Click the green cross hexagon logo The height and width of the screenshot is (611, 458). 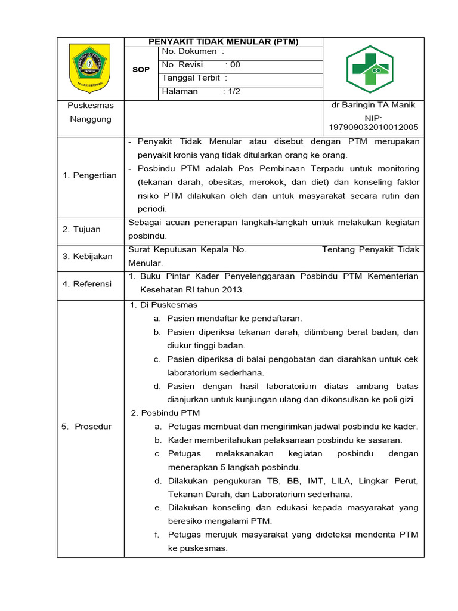[370, 69]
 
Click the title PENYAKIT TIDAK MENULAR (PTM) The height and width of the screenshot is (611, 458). [224, 42]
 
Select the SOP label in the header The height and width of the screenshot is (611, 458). [141, 70]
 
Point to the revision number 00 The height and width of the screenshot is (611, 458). [235, 65]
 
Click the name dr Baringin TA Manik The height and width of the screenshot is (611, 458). [373, 105]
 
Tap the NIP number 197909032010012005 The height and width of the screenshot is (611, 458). [373, 127]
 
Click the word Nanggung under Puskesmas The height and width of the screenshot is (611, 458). [91, 119]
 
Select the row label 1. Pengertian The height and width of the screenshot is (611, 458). [89, 175]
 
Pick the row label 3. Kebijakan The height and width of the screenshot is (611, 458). [88, 256]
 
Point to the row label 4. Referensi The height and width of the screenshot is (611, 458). [87, 284]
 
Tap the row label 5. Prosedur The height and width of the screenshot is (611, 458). [86, 427]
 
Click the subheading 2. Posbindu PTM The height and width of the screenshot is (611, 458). [165, 413]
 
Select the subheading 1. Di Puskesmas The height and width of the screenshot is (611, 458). [163, 305]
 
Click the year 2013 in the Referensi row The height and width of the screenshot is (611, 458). [233, 290]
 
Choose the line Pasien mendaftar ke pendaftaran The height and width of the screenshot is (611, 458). [234, 319]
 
